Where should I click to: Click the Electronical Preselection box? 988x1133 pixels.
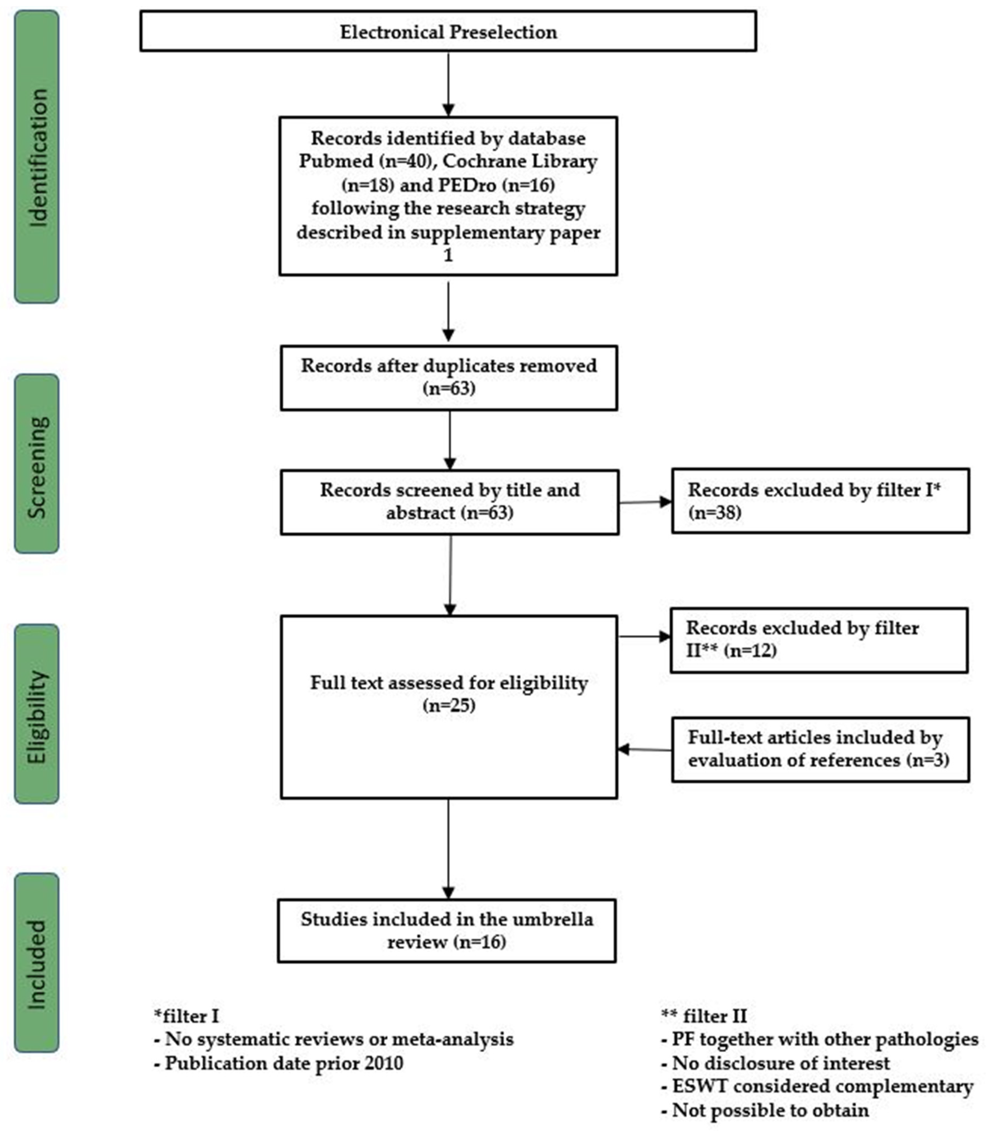point(448,32)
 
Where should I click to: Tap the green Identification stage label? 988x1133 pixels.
point(36,157)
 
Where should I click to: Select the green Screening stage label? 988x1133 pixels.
point(36,463)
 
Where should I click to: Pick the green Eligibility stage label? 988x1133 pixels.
point(36,714)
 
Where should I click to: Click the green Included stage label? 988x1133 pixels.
point(36,962)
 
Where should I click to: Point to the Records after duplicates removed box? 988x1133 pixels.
point(449,378)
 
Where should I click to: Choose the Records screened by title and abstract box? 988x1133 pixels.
point(449,502)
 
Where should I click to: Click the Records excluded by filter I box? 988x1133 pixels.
point(820,501)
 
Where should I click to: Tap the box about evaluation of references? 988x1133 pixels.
point(820,750)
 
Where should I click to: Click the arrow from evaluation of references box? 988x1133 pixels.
point(644,750)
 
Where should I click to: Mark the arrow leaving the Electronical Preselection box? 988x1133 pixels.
point(448,84)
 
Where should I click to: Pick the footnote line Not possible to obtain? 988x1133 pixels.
point(765,1110)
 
